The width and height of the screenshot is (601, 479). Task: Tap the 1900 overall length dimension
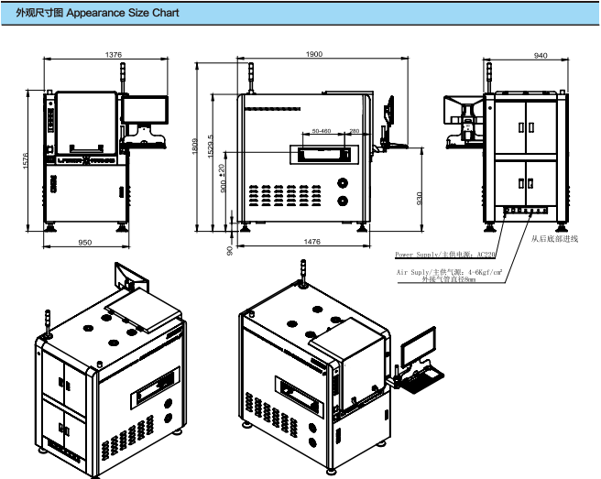[x=314, y=56]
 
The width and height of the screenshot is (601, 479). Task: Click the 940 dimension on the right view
[x=540, y=56]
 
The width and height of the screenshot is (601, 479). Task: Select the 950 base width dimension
[x=84, y=243]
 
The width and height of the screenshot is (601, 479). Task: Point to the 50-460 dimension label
[x=322, y=131]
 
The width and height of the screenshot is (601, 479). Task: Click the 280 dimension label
[x=354, y=131]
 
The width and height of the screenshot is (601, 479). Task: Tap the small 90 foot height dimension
[x=230, y=247]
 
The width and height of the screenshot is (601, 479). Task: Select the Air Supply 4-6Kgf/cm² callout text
[x=448, y=273]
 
